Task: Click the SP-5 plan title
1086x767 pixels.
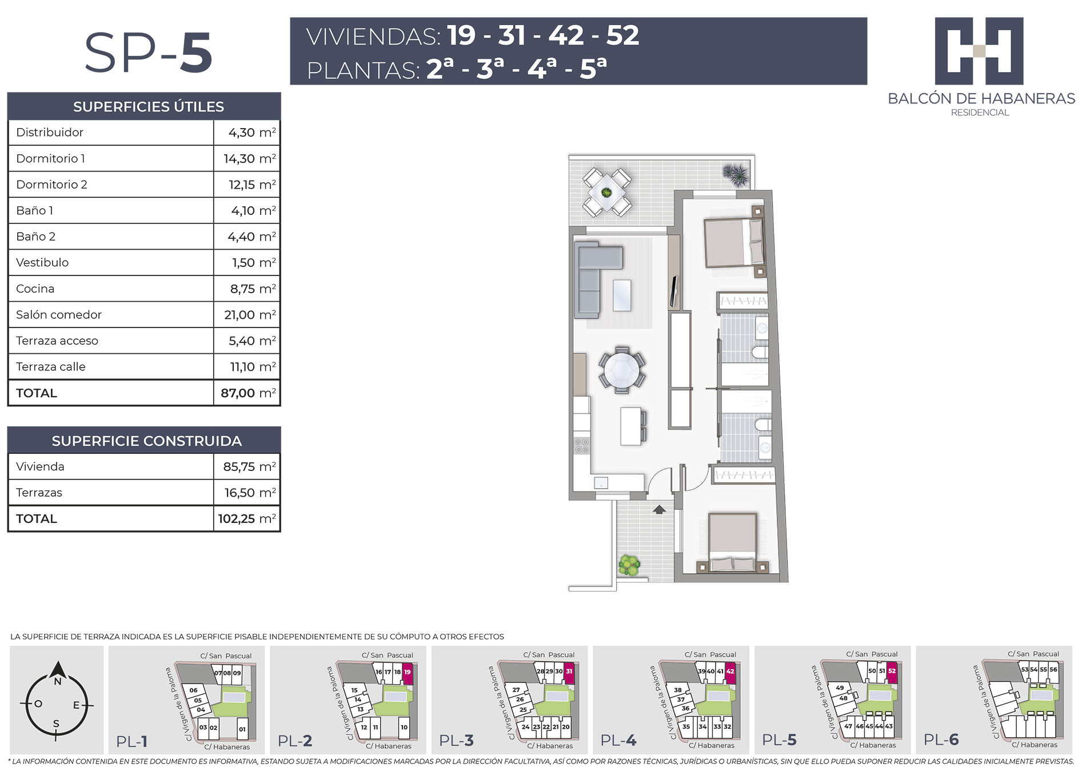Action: click(149, 53)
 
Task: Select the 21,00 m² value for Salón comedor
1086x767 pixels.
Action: click(250, 315)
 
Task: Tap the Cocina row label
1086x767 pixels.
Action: click(35, 289)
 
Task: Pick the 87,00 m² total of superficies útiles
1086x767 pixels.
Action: click(248, 393)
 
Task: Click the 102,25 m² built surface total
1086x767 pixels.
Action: click(246, 519)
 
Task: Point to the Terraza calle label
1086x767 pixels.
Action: click(50, 367)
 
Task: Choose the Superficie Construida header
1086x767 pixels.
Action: click(146, 441)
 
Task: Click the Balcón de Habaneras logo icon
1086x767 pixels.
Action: click(979, 51)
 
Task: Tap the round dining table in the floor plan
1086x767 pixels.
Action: click(622, 370)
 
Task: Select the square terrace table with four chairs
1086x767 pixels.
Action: click(606, 192)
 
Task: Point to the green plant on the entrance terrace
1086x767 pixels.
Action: click(629, 565)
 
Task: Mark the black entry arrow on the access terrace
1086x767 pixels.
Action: click(660, 509)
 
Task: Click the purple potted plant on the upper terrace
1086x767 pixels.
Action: click(735, 174)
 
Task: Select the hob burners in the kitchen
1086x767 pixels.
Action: click(582, 446)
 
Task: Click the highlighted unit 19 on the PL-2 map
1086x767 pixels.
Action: click(408, 673)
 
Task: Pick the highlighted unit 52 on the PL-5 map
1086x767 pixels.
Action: click(892, 672)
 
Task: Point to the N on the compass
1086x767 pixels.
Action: click(57, 681)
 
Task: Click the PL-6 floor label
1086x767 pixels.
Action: click(941, 740)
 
